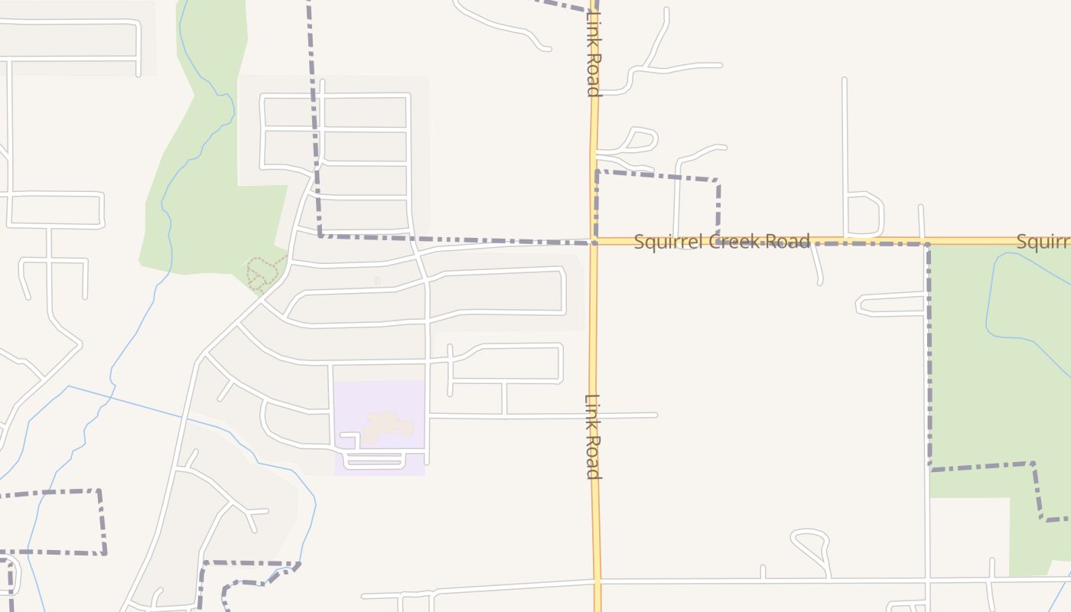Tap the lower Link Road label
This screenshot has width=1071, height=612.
coord(593,436)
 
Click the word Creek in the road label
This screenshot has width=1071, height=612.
coord(733,242)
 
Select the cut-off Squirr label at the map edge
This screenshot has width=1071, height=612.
coord(1043,242)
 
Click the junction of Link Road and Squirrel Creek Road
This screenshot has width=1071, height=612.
coord(594,242)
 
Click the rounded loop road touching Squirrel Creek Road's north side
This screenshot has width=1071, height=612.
coord(864,214)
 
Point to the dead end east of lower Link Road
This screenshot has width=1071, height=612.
coord(656,415)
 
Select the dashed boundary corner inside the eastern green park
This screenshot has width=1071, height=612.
coord(1033,464)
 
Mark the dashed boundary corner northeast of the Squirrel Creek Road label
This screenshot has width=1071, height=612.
coord(717,181)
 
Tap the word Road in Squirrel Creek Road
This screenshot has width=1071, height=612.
coord(789,242)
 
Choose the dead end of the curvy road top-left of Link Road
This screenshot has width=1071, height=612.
coord(548,49)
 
